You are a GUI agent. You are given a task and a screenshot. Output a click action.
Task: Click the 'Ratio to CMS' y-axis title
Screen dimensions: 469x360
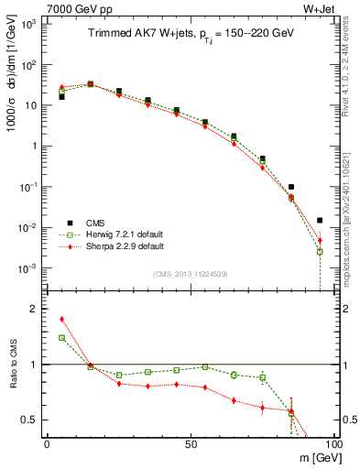coord(12,364)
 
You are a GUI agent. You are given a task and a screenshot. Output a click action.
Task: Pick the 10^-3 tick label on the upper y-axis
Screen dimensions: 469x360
coord(27,268)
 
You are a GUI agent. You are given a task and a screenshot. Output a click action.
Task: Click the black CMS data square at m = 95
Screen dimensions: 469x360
coord(320,220)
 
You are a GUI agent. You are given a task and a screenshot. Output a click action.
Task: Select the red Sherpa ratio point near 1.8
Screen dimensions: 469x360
coord(61,319)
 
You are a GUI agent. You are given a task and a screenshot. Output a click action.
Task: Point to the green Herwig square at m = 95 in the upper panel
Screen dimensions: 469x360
coord(320,251)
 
